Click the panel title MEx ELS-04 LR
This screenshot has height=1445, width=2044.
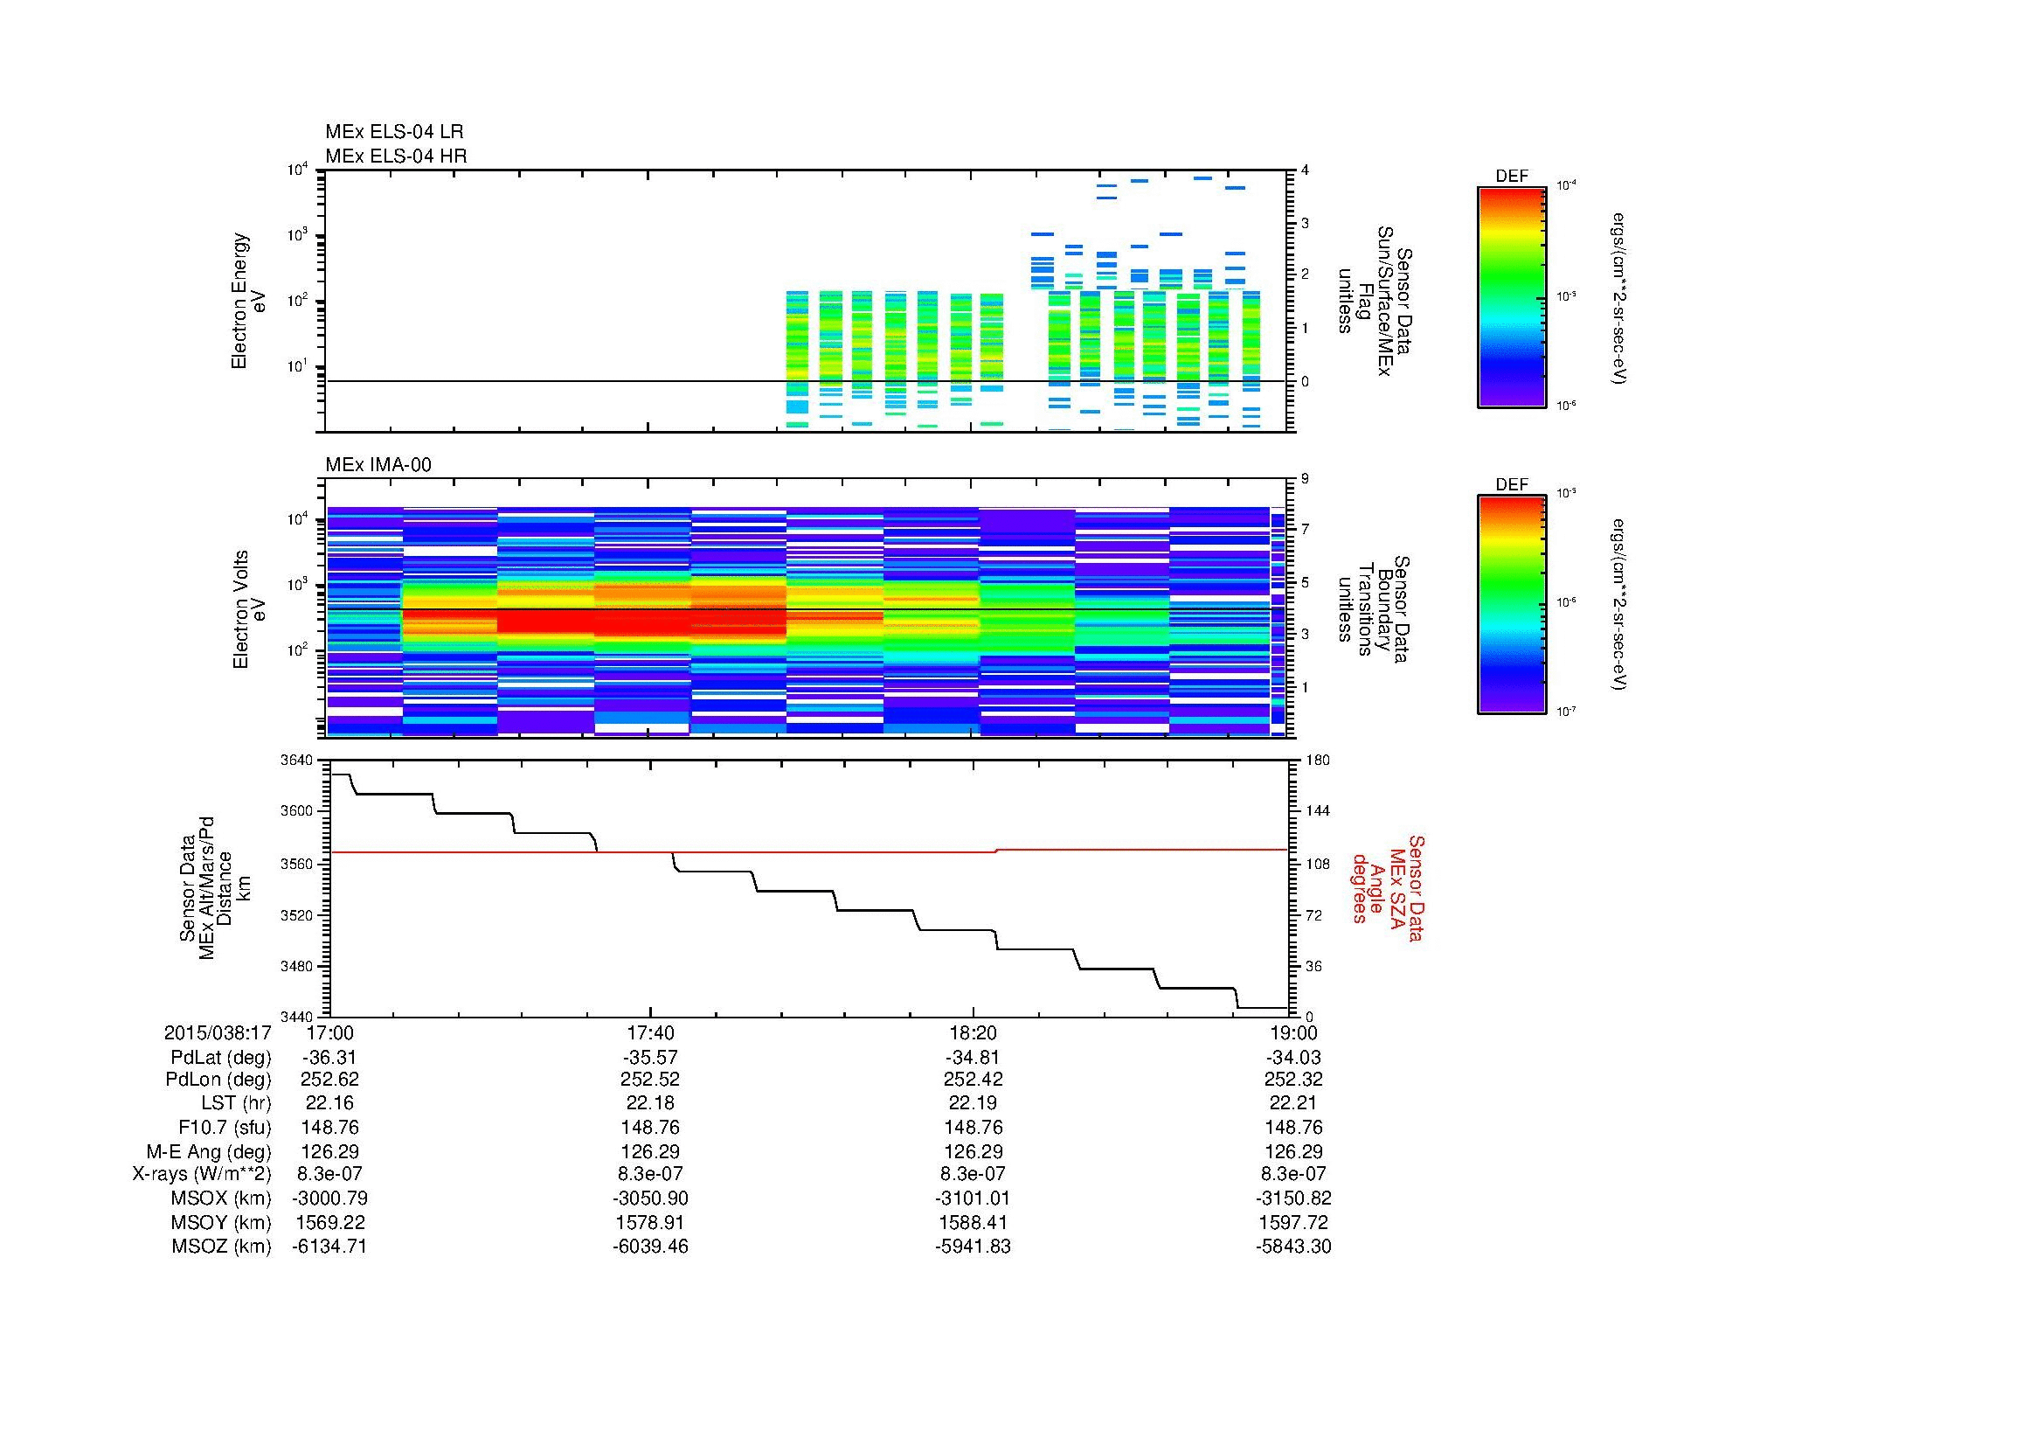(x=394, y=132)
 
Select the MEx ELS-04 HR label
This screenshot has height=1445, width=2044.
(x=396, y=156)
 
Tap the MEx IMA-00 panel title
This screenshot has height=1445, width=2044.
(x=378, y=465)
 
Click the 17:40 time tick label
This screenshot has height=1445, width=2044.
(x=651, y=1033)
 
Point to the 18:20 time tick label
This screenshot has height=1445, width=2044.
(x=973, y=1033)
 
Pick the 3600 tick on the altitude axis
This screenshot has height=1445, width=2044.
(x=299, y=811)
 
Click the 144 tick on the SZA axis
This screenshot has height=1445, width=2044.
(x=1316, y=811)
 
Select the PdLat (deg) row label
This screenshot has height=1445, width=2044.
(x=221, y=1058)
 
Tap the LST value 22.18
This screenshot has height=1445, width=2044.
(x=651, y=1103)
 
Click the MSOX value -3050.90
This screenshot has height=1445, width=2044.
(x=651, y=1198)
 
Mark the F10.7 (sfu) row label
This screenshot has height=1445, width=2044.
(x=225, y=1127)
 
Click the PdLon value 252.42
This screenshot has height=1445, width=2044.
(x=973, y=1079)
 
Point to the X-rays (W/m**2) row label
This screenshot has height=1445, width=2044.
(x=202, y=1174)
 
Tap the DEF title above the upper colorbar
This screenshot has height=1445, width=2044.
(x=1512, y=177)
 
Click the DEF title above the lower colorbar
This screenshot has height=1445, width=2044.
(x=1512, y=485)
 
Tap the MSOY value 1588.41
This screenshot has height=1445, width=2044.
(x=973, y=1222)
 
